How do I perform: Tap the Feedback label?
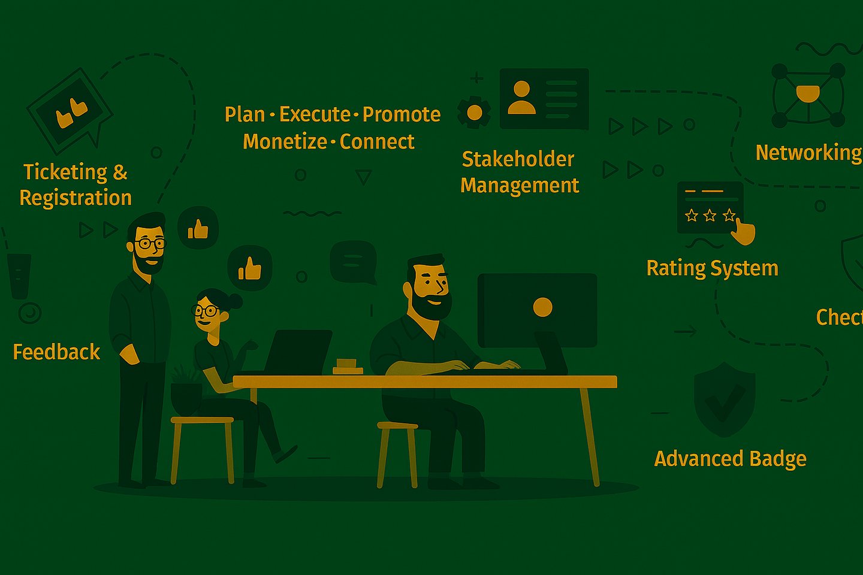56,352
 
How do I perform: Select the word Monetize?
285,142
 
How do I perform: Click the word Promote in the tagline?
402,114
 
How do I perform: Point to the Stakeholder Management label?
519,172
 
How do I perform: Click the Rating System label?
712,268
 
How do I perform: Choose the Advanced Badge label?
730,459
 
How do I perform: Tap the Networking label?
808,153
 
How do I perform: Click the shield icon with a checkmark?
724,399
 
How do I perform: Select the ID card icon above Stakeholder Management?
544,99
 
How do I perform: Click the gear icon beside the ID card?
474,112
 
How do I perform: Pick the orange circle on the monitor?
542,307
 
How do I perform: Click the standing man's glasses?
149,244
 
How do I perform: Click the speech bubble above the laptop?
353,262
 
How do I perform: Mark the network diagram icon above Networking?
808,96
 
